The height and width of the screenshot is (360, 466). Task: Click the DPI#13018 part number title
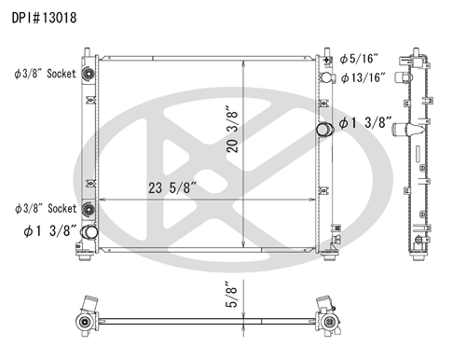44,18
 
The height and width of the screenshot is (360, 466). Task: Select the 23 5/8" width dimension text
172,187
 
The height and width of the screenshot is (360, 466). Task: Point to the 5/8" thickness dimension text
231,295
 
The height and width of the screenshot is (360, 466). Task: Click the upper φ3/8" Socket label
45,74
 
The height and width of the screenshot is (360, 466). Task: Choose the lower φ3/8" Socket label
46,208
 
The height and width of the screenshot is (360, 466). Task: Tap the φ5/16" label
359,59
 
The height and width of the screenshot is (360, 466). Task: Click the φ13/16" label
363,77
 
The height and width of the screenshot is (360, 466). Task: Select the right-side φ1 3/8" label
364,122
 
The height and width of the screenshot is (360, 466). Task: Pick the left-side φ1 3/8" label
49,230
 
